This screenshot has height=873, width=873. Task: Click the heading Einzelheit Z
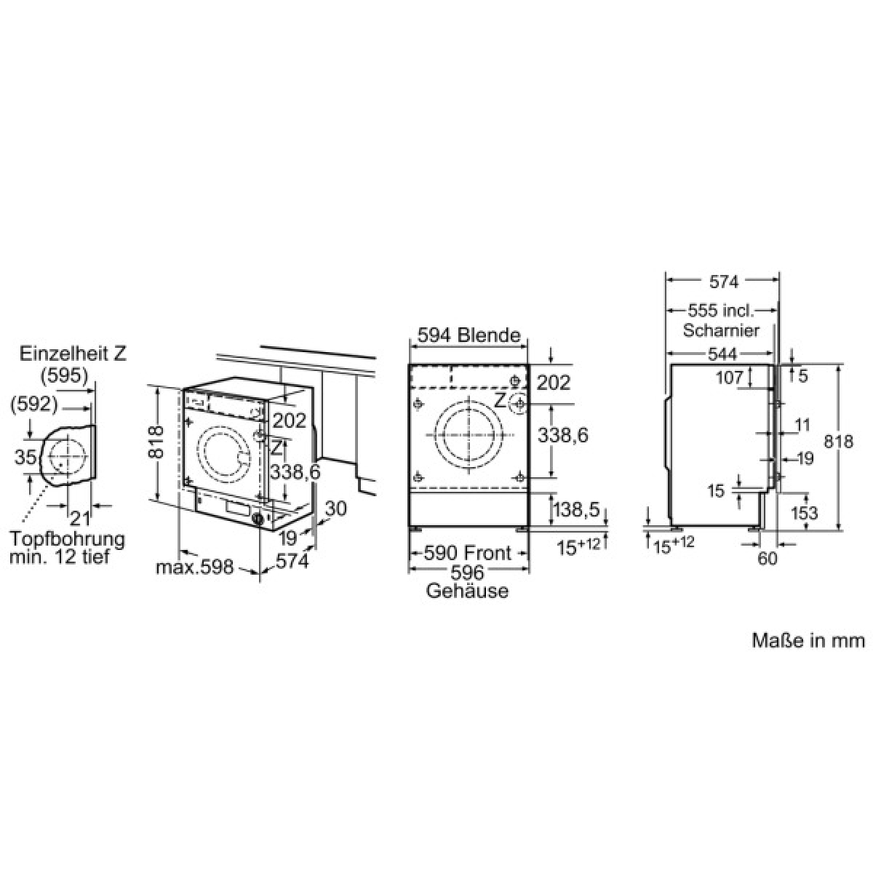pos(73,354)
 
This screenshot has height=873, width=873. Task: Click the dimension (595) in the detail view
pos(64,375)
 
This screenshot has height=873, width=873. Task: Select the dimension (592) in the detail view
pos(34,404)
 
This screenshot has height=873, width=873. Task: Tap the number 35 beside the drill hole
pos(25,456)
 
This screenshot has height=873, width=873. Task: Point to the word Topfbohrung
pos(67,539)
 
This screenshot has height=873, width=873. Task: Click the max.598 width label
pos(195,567)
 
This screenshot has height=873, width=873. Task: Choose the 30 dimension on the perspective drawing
pos(335,509)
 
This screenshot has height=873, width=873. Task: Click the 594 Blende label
pos(469,335)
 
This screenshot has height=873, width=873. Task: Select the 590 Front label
pos(467,553)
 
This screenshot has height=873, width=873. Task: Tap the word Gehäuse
pos(467,591)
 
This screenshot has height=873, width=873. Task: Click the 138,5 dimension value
pos(576,510)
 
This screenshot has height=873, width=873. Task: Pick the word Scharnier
pos(721,330)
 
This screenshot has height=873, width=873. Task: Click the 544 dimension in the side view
pos(722,354)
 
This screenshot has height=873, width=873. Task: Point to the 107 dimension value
pos(730,377)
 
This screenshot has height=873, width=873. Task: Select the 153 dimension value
pos(804,512)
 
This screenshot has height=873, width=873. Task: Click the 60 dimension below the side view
pos(768,559)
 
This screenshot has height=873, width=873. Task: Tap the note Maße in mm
pos(808,640)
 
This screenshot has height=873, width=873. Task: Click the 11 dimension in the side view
pos(802,425)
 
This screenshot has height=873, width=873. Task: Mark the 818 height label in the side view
pos(838,442)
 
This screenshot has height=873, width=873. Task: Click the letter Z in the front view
pos(500,400)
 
